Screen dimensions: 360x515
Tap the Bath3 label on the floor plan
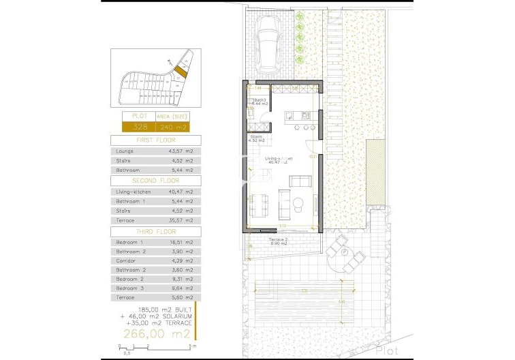[260, 100]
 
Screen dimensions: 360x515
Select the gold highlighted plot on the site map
[180, 69]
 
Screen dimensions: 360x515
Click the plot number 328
[140, 127]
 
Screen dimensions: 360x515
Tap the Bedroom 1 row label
[130, 243]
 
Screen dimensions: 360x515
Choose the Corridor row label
[127, 261]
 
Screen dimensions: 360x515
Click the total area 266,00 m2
[156, 334]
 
